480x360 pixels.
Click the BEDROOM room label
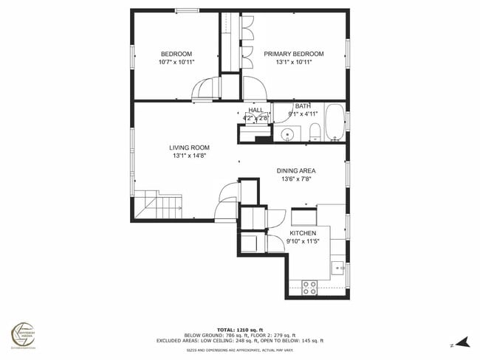point(176,54)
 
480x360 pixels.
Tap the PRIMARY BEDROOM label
point(294,54)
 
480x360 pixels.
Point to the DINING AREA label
point(296,170)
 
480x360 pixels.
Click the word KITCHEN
point(303,233)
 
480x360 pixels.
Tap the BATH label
point(303,105)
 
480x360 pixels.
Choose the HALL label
point(256,110)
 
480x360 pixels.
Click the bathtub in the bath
point(335,123)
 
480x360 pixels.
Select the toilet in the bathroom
point(314,133)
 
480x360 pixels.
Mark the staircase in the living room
point(157,204)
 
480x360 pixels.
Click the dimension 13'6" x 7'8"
point(296,179)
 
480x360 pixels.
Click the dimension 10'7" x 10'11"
point(176,62)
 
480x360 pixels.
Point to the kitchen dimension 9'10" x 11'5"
point(303,241)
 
